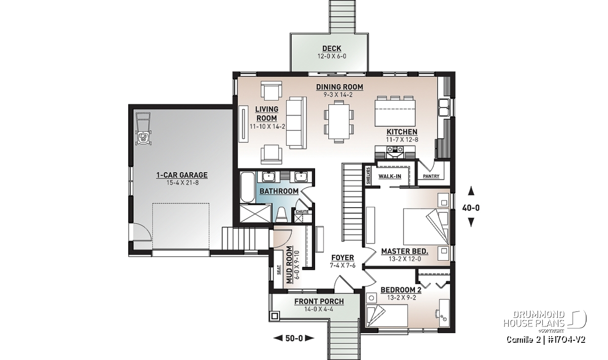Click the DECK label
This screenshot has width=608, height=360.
[332, 49]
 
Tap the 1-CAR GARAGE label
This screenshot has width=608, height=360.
[182, 175]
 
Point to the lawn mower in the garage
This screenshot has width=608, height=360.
[142, 130]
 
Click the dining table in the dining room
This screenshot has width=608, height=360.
[338, 122]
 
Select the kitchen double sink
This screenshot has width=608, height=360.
[445, 108]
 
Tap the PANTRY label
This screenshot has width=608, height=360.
[431, 176]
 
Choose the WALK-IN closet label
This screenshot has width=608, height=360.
[390, 176]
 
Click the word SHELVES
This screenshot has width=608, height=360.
[368, 176]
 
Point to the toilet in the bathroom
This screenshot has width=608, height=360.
[282, 215]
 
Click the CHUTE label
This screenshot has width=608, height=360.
[302, 212]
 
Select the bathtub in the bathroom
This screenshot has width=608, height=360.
[248, 187]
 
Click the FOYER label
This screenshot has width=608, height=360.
[343, 258]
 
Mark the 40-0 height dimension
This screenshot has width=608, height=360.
[471, 208]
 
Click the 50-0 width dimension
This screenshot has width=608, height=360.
[294, 338]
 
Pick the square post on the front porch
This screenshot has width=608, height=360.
[275, 316]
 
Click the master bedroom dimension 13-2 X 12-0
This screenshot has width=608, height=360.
[405, 259]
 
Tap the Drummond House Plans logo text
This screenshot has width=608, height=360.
[534, 319]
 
